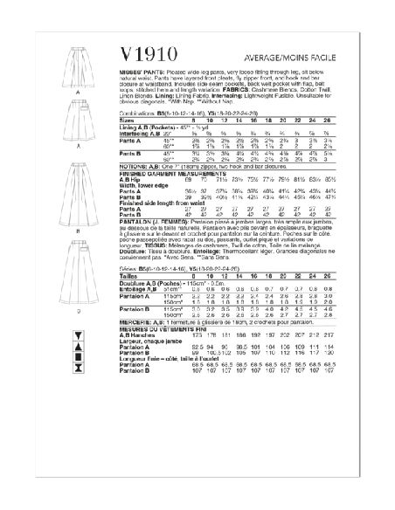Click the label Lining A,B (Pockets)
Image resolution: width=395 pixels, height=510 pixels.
point(162,127)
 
